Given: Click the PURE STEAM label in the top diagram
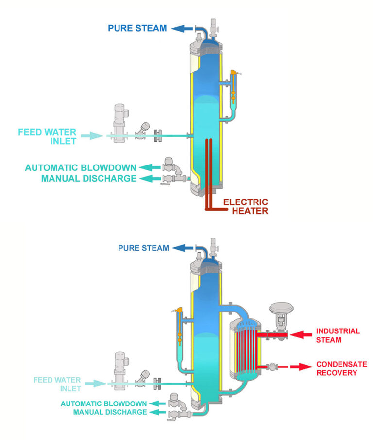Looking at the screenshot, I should point(137,28).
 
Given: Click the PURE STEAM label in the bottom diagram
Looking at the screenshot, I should point(143,248).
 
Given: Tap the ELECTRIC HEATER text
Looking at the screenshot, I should point(245,206).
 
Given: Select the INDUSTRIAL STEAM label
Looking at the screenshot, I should point(338,335).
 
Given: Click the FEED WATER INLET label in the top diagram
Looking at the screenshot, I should point(47,136).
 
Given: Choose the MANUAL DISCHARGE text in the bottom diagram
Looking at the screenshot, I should point(110,412).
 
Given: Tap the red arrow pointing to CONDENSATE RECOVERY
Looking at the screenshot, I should point(303,367).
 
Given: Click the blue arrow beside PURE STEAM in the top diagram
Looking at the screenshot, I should point(182,28).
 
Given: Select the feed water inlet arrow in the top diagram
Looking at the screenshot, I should point(92,136).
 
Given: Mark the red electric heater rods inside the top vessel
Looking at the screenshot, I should point(209,165).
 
